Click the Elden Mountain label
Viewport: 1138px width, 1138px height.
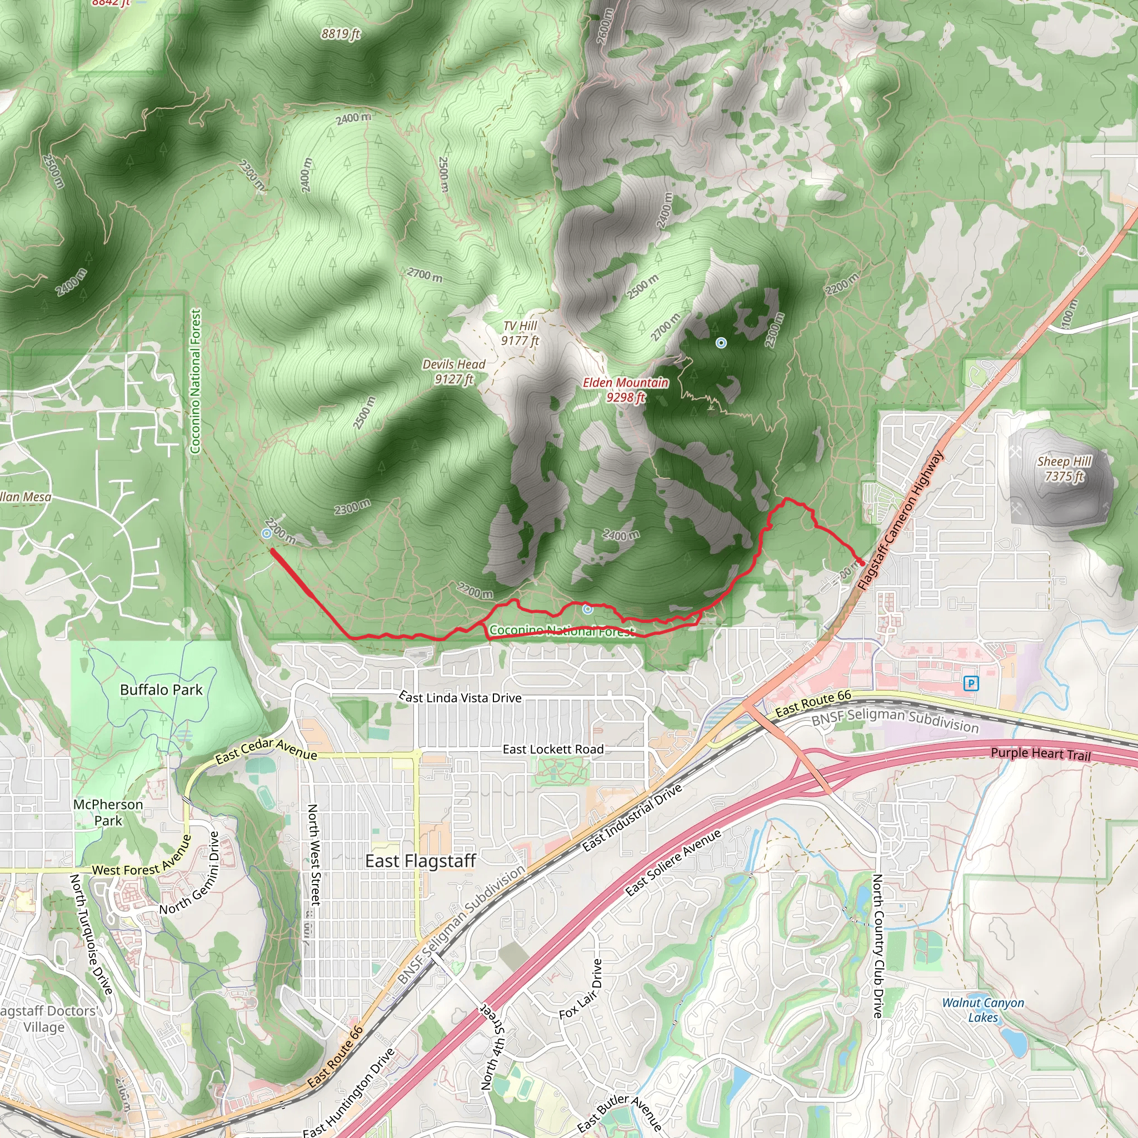pyautogui.click(x=626, y=390)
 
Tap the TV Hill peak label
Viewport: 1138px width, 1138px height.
pyautogui.click(x=520, y=333)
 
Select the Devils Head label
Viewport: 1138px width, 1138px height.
pyautogui.click(x=453, y=372)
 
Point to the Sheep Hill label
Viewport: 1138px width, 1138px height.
pyautogui.click(x=1064, y=468)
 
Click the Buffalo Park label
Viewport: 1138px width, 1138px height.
pyautogui.click(x=161, y=690)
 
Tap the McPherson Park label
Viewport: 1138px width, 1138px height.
pyautogui.click(x=108, y=812)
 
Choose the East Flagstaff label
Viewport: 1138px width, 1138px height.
pyautogui.click(x=420, y=861)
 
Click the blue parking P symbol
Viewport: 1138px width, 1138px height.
pyautogui.click(x=971, y=683)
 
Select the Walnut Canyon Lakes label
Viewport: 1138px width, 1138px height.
pyautogui.click(x=983, y=1010)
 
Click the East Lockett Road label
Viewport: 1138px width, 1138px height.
pyautogui.click(x=553, y=749)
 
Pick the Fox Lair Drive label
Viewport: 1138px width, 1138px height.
pyautogui.click(x=581, y=989)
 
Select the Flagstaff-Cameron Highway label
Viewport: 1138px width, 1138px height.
pyautogui.click(x=901, y=521)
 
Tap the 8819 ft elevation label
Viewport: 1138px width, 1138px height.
pyautogui.click(x=341, y=34)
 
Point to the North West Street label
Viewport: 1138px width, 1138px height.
pyautogui.click(x=314, y=854)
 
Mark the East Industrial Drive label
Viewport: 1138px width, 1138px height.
pyautogui.click(x=632, y=817)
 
